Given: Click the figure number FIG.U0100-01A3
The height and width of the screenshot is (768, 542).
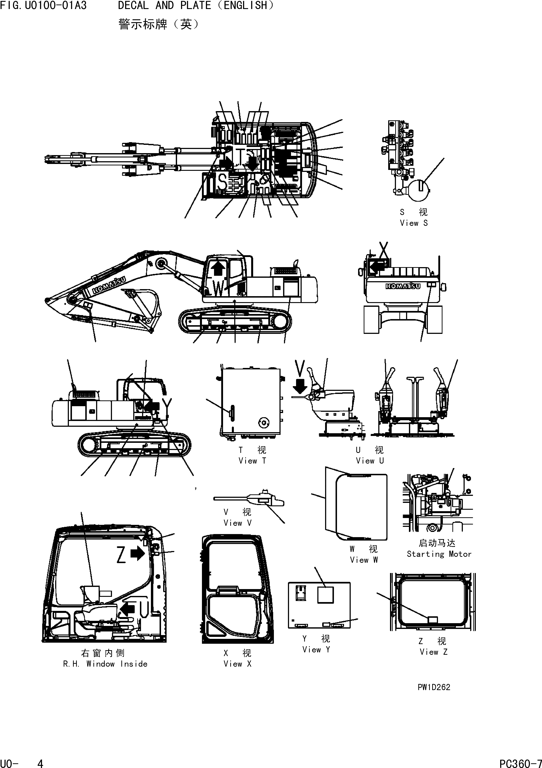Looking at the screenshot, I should tap(43, 6).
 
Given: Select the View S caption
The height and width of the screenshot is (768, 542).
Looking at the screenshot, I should tap(414, 223).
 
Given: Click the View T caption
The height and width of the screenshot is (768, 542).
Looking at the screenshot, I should tap(252, 461).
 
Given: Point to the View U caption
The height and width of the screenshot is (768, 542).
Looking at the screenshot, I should tap(370, 461).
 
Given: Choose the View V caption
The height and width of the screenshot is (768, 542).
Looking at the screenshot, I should tap(237, 523).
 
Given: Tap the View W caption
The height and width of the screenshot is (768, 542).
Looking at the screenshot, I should tap(364, 560).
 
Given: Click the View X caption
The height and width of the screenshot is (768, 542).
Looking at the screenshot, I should tap(237, 664).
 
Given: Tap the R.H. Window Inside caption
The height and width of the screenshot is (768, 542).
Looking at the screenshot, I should tap(105, 664).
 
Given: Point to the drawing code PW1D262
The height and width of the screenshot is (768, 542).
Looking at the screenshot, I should tap(434, 687).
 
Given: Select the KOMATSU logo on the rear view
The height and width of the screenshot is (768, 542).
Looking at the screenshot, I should tap(403, 286).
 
